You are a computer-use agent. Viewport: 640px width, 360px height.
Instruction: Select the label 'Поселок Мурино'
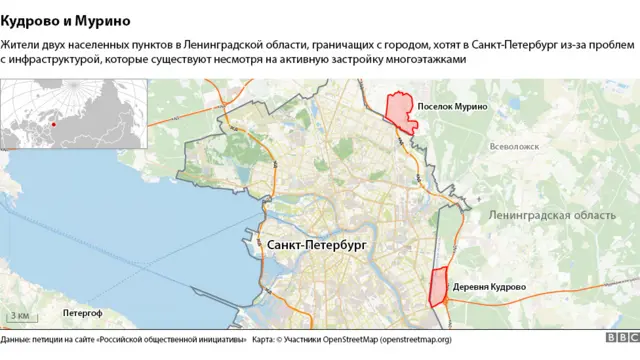(x=452, y=106)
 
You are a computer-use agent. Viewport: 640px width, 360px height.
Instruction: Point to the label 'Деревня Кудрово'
(x=489, y=287)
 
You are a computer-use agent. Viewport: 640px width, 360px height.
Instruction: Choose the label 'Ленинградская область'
(x=552, y=216)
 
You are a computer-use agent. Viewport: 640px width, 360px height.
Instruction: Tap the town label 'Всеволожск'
(x=515, y=147)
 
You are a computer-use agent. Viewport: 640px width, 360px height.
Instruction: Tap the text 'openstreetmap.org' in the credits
(x=412, y=340)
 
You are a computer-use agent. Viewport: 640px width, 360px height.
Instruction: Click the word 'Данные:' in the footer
(x=20, y=340)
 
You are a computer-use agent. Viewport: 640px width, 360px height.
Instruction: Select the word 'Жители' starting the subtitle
(x=21, y=45)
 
